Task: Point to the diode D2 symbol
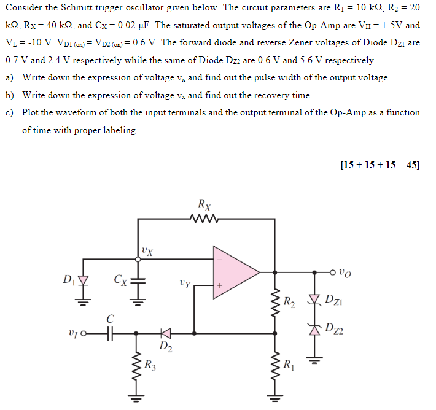(165, 333)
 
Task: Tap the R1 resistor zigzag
(274, 368)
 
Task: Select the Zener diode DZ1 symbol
(316, 300)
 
